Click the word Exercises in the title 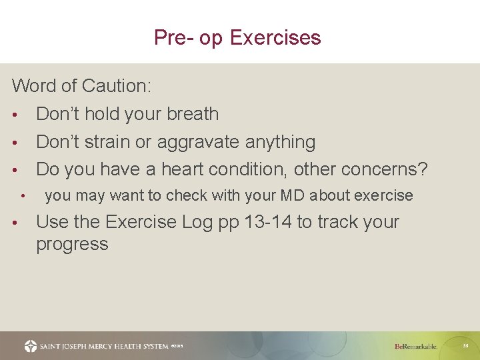pos(275,37)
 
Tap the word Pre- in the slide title pos(171,37)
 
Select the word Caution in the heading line pos(117,86)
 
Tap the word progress pos(72,245)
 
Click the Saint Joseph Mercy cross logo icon pos(31,346)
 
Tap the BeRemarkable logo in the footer pos(416,346)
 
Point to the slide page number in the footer pos(465,345)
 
